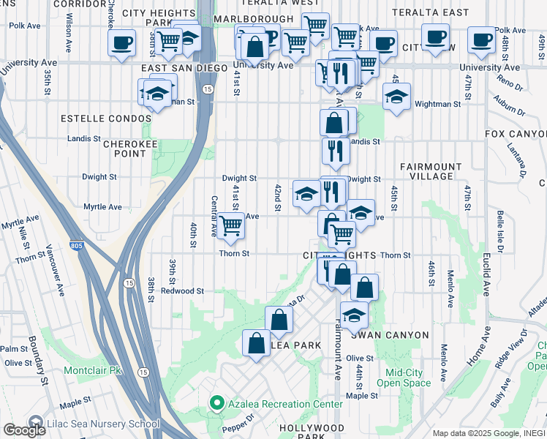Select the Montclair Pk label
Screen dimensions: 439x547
[x=94, y=370]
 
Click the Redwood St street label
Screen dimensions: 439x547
[x=182, y=291]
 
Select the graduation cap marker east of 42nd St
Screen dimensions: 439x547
[x=306, y=193]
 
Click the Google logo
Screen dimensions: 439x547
[x=24, y=430]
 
